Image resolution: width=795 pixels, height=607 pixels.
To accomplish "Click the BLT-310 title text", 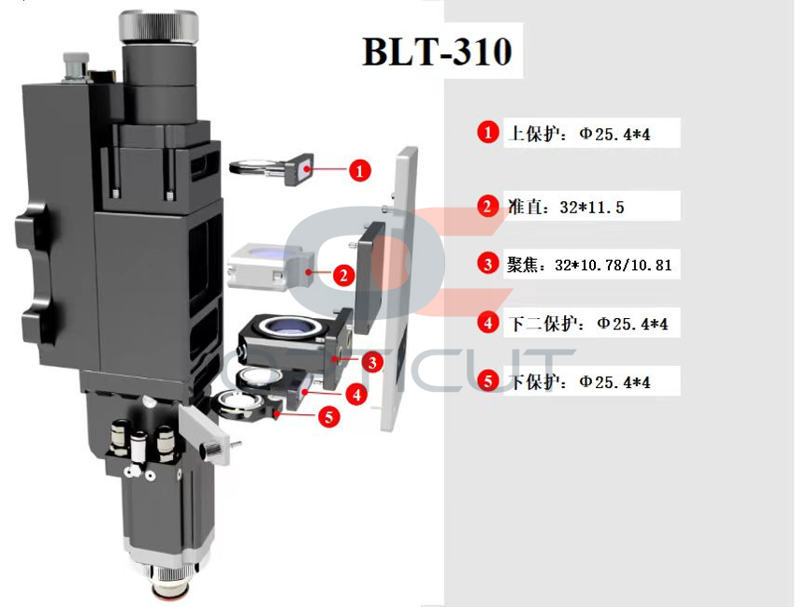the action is pyautogui.click(x=437, y=51).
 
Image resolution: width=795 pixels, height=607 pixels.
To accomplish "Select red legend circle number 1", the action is pyautogui.click(x=487, y=133).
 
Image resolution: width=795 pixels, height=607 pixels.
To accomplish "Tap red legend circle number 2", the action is pyautogui.click(x=487, y=206).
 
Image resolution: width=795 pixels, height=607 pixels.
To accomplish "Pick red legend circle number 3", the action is pyautogui.click(x=487, y=264).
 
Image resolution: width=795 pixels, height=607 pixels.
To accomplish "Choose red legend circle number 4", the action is pyautogui.click(x=487, y=323).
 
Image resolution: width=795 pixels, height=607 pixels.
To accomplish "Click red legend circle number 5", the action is pyautogui.click(x=487, y=381).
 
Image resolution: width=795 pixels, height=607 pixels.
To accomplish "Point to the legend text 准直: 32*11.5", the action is pyautogui.click(x=566, y=207).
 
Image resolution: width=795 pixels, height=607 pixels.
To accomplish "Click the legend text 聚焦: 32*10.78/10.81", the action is pyautogui.click(x=589, y=265).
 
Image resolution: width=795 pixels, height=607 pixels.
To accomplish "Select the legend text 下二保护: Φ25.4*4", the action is pyautogui.click(x=588, y=324).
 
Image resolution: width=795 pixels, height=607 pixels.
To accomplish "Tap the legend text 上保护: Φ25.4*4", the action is pyautogui.click(x=579, y=134).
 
